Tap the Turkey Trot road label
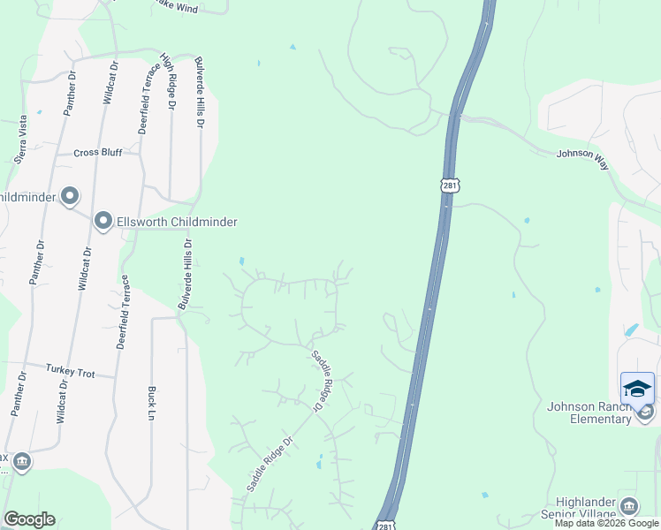point(70,373)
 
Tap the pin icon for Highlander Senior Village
point(628,505)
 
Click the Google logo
point(29,519)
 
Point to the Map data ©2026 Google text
point(607,523)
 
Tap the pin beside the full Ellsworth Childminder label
point(103,221)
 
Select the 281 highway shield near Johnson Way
point(450,185)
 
